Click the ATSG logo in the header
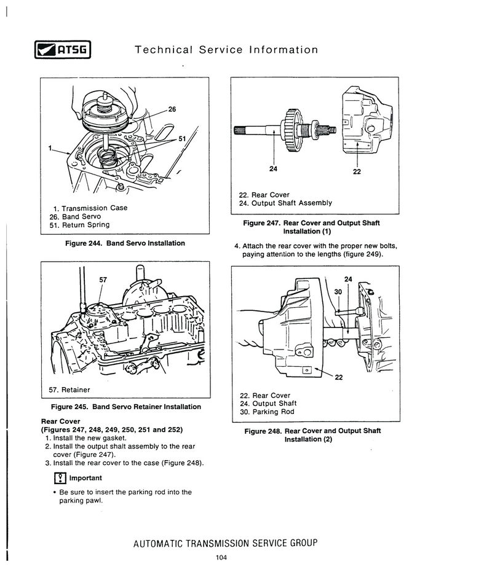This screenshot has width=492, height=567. click(60, 49)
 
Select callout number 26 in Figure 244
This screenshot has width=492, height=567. click(172, 109)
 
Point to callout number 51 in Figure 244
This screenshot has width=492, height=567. click(182, 139)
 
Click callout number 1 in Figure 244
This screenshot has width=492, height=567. click(49, 148)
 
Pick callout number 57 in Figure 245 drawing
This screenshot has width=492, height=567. click(103, 280)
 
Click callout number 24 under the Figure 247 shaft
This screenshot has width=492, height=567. click(273, 170)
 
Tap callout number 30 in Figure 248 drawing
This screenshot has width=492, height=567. click(338, 291)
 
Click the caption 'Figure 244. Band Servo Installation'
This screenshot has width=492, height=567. click(125, 243)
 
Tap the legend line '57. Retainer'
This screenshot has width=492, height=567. click(69, 389)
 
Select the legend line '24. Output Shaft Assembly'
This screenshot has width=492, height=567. click(285, 203)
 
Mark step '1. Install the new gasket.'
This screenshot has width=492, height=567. click(86, 437)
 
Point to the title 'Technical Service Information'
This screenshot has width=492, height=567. click(226, 49)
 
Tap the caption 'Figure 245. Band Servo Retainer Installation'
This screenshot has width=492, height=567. click(125, 407)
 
